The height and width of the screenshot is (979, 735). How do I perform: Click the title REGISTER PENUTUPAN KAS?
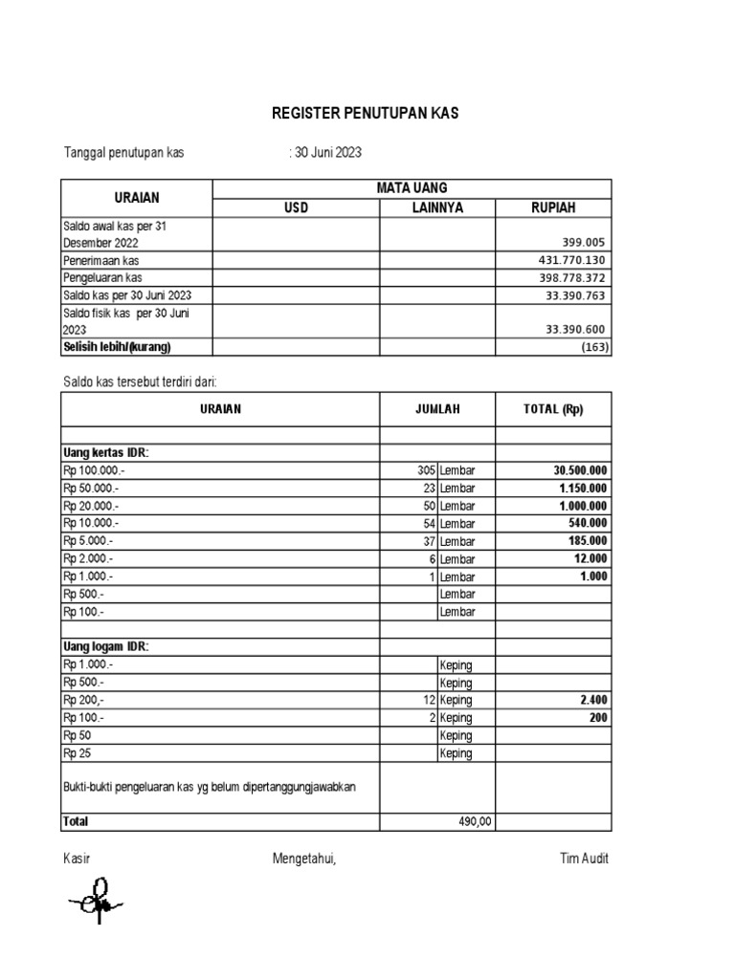tap(366, 114)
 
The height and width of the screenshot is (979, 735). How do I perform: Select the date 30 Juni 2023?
tap(326, 153)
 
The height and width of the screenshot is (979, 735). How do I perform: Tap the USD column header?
tap(297, 208)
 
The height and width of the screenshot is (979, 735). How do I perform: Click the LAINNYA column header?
tap(437, 208)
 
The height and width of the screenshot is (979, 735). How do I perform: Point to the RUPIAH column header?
tap(553, 208)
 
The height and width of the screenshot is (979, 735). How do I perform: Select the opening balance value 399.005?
tap(586, 243)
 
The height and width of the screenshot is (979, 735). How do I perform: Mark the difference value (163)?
tap(594, 347)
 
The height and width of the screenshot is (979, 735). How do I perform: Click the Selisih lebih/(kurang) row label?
tap(122, 346)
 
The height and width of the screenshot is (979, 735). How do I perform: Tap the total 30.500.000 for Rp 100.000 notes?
tap(580, 470)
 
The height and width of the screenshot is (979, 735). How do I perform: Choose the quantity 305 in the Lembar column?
tap(426, 470)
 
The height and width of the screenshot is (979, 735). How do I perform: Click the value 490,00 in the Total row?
tap(475, 821)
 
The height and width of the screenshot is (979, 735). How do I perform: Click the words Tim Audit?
tap(584, 859)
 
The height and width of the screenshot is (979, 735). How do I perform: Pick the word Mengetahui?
tap(304, 859)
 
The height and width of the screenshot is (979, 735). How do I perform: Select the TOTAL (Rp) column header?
tap(553, 409)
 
